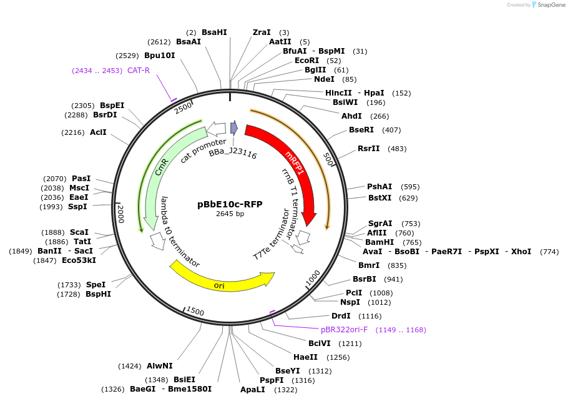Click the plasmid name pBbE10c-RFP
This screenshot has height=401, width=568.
[x=230, y=204]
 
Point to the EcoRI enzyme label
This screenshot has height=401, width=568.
[x=306, y=61]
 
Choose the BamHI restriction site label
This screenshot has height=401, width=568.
[x=380, y=242]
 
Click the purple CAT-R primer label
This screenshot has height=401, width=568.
[x=139, y=71]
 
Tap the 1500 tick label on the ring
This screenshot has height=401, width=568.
[x=195, y=311]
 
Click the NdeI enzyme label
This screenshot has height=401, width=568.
[x=324, y=79]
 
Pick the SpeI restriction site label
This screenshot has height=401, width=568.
[x=96, y=284]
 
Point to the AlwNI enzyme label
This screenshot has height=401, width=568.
[x=160, y=366]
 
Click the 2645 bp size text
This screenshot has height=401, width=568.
[x=230, y=214]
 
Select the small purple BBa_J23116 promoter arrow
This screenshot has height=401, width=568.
[x=234, y=128]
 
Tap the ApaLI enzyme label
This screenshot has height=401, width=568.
[x=253, y=389]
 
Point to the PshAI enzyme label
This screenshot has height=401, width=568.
[x=379, y=187]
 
